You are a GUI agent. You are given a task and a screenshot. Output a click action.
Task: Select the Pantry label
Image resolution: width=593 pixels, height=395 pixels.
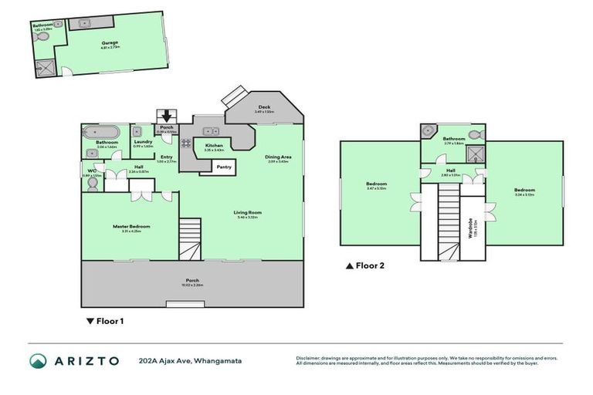224,167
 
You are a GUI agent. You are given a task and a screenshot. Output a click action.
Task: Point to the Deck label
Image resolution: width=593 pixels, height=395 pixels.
264,109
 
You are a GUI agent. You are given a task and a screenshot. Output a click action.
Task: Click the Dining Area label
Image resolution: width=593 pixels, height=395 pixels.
278,158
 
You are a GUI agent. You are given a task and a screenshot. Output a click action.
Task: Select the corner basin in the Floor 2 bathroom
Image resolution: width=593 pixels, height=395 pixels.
428,132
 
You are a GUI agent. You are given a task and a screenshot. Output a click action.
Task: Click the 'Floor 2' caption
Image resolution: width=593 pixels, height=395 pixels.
365,266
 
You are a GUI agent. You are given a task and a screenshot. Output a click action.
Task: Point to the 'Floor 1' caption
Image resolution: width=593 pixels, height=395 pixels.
106,321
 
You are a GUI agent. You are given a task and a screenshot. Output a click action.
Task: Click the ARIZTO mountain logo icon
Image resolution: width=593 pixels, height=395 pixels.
38,360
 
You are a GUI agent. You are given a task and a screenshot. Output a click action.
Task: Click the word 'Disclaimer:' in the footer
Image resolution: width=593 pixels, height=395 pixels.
310,358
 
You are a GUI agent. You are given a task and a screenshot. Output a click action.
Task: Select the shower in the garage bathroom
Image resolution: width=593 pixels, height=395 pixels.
42,67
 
